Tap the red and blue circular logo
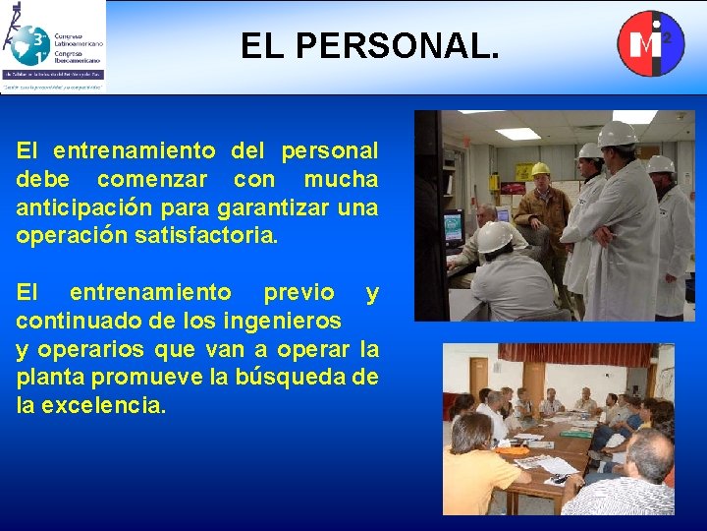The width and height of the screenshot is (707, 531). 650,42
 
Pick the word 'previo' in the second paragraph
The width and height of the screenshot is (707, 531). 298,293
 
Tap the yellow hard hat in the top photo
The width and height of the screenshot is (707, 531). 539,169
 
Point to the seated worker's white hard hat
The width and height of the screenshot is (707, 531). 496,236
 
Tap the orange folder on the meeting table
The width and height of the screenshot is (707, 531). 512,451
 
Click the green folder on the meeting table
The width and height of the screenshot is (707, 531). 578,432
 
